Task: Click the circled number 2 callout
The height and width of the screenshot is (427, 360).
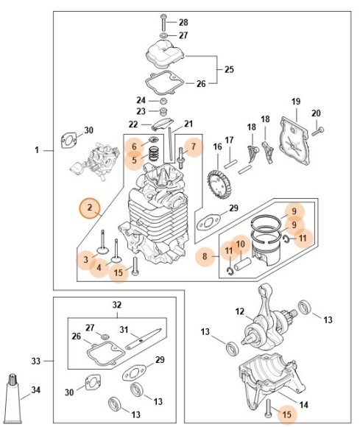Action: point(90,208)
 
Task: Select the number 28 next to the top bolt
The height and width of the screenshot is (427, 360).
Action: point(183,22)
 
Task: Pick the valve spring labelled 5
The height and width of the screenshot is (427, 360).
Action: point(154,154)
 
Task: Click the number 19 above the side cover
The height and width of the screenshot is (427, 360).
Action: point(296,102)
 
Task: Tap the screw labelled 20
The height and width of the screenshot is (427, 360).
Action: point(318,132)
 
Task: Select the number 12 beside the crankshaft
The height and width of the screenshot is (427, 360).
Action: point(240,311)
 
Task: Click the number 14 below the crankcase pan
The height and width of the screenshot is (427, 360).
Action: point(304,405)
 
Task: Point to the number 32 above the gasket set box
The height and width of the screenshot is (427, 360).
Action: point(117,305)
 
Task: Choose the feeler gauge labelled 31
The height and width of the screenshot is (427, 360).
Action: point(144,339)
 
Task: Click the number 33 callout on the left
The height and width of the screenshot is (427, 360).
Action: point(36,361)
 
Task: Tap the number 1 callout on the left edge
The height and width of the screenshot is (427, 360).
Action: point(37,150)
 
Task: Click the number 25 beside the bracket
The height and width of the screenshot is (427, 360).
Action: point(229,69)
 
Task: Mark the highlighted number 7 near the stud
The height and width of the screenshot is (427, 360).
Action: point(194,147)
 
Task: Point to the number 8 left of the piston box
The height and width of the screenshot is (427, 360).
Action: point(205,256)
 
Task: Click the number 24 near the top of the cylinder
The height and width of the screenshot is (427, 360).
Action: point(141,100)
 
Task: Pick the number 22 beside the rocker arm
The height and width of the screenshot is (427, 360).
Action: point(133,124)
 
